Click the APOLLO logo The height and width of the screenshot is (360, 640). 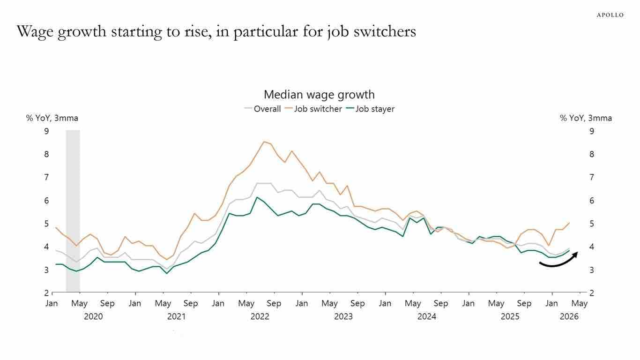pyautogui.click(x=610, y=15)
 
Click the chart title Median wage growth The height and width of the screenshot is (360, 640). pyautogui.click(x=319, y=95)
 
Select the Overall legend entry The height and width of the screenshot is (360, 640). pyautogui.click(x=263, y=109)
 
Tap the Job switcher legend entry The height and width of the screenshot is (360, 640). pyautogui.click(x=314, y=109)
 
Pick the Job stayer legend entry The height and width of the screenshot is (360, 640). pyautogui.click(x=370, y=109)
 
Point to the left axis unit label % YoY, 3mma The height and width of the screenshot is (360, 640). pyautogui.click(x=52, y=118)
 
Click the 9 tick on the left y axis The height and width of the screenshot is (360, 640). pyautogui.click(x=46, y=131)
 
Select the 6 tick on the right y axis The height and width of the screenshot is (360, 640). pyautogui.click(x=592, y=201)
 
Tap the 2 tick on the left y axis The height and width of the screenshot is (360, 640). pyautogui.click(x=46, y=293)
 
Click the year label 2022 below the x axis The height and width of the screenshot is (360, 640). pyautogui.click(x=260, y=316)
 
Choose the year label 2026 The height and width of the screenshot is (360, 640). pyautogui.click(x=569, y=316)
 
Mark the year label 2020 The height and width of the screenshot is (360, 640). pyautogui.click(x=93, y=316)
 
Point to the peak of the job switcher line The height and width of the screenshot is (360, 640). pyautogui.click(x=264, y=142)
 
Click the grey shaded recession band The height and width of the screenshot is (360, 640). pyautogui.click(x=73, y=211)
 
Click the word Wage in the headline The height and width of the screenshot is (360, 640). pyautogui.click(x=35, y=32)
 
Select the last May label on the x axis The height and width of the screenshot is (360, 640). pyautogui.click(x=580, y=303)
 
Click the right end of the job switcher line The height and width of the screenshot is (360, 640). pyautogui.click(x=569, y=223)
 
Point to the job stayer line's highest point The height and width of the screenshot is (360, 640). pyautogui.click(x=257, y=197)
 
